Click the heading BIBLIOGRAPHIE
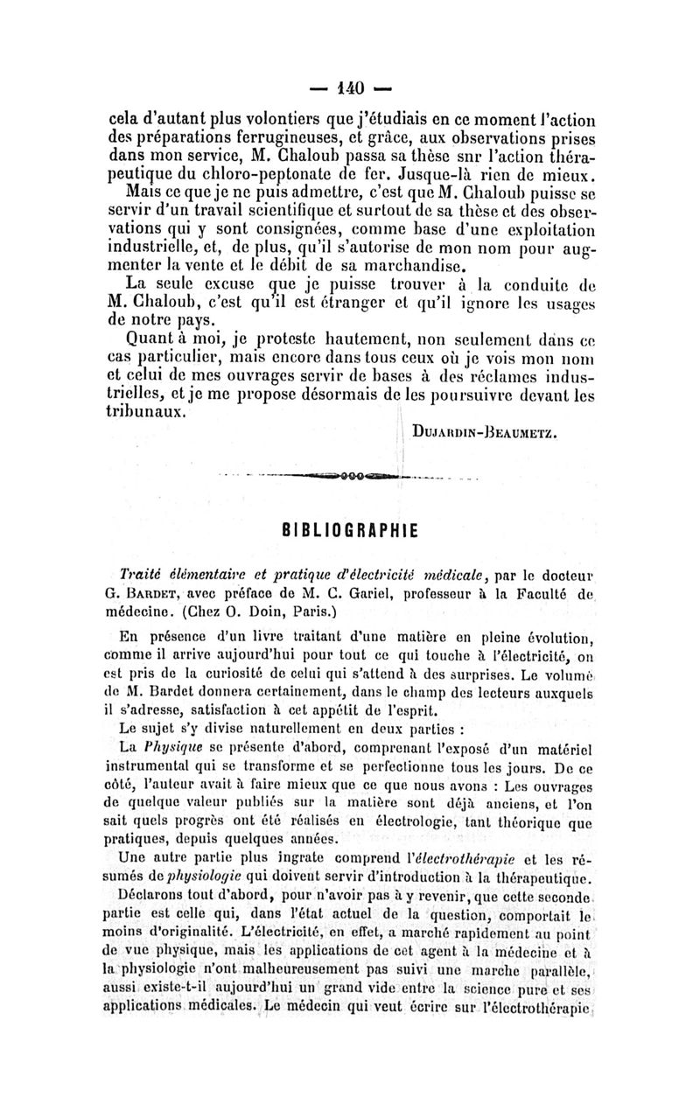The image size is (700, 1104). [350, 529]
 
